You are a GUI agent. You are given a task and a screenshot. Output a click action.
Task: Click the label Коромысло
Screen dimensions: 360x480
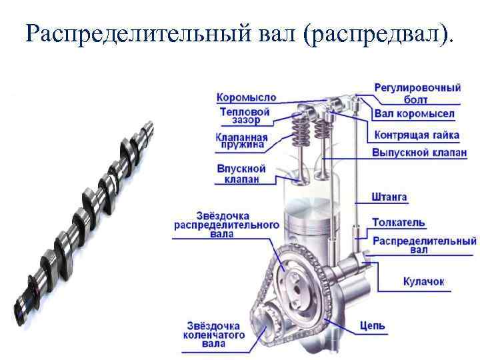point(246,97)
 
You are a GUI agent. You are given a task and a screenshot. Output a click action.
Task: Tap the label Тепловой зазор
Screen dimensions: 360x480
point(245,116)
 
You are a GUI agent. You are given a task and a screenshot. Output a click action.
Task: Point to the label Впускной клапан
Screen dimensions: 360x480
point(241,173)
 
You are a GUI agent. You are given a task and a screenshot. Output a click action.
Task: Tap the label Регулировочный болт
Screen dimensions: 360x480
point(417,93)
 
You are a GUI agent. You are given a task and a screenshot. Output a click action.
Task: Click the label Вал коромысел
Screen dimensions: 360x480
point(414,114)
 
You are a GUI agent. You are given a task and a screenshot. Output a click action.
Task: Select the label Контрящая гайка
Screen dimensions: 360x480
point(417,135)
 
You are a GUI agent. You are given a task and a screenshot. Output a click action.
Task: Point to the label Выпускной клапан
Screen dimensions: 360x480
point(419,153)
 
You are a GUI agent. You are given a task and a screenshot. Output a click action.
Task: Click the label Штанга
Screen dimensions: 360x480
point(389,197)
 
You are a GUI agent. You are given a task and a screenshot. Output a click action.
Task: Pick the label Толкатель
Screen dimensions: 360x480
point(399,222)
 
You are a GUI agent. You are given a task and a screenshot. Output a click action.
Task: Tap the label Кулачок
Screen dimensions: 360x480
point(423,282)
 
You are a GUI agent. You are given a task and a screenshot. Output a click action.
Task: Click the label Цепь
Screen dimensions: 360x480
point(372,325)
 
